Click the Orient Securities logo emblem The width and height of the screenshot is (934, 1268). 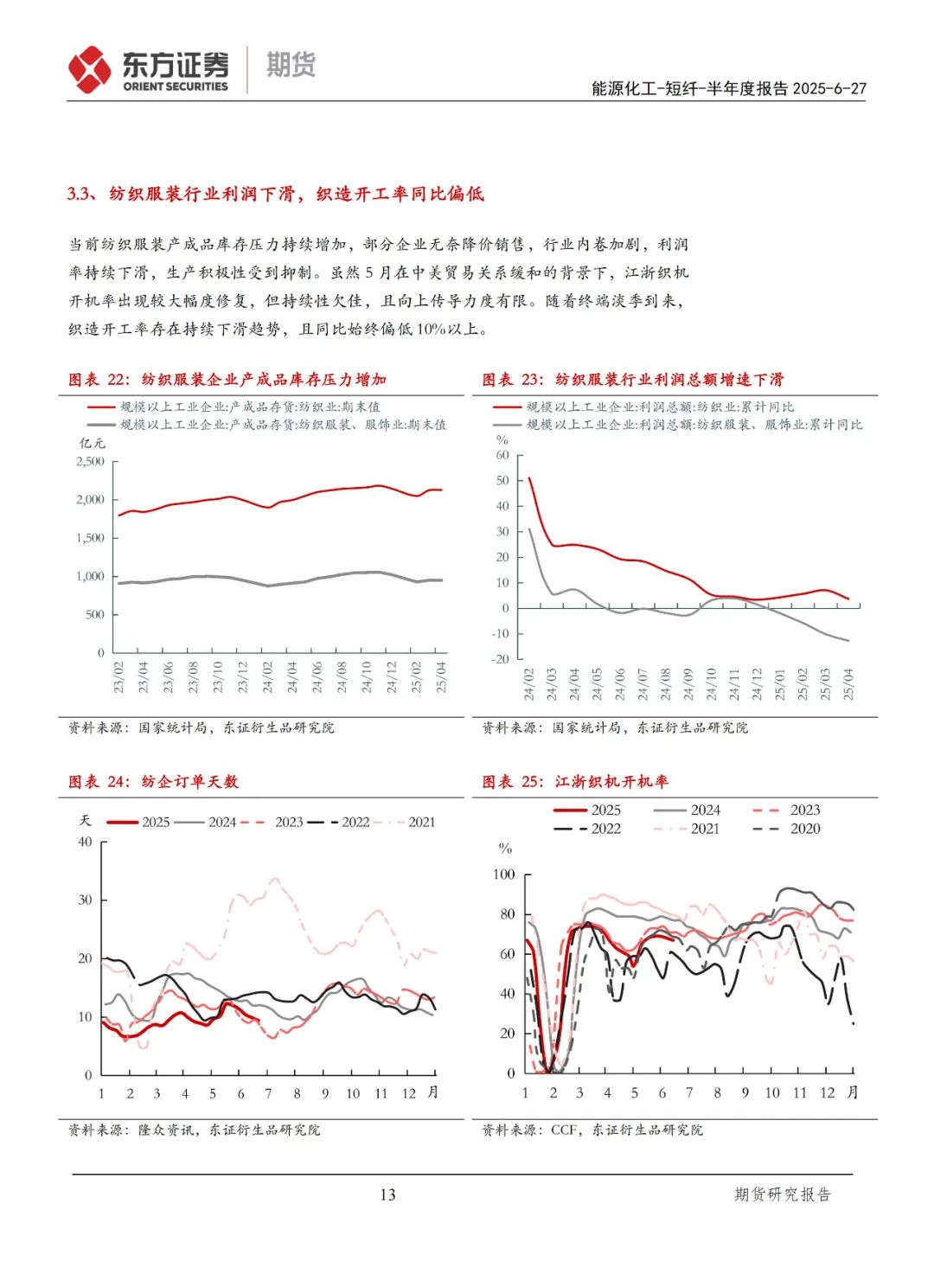pyautogui.click(x=90, y=69)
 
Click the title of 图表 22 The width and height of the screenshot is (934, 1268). pyautogui.click(x=227, y=379)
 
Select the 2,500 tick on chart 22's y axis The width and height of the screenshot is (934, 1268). pyautogui.click(x=90, y=461)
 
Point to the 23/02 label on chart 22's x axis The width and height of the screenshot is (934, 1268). pyautogui.click(x=119, y=677)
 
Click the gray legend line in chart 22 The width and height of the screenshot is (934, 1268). pyautogui.click(x=101, y=425)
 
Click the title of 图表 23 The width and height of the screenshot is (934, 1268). pyautogui.click(x=633, y=379)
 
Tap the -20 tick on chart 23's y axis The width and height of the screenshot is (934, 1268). pyautogui.click(x=501, y=658)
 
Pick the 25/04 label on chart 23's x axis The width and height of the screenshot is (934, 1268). pyautogui.click(x=848, y=683)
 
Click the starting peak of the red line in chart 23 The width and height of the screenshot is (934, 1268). pyautogui.click(x=529, y=477)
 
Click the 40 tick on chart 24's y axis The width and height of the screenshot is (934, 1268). pyautogui.click(x=85, y=842)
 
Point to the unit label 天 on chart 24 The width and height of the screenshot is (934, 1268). pyautogui.click(x=85, y=820)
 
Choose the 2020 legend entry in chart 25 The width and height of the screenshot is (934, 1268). pyautogui.click(x=804, y=828)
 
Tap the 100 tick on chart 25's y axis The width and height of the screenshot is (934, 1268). pyautogui.click(x=503, y=874)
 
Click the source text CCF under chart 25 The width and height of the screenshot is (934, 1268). pyautogui.click(x=564, y=1130)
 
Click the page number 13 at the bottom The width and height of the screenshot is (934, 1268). pyautogui.click(x=387, y=1194)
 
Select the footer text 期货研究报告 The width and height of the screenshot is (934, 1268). pyautogui.click(x=782, y=1194)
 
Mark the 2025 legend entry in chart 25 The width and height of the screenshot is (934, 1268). pyautogui.click(x=605, y=810)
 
